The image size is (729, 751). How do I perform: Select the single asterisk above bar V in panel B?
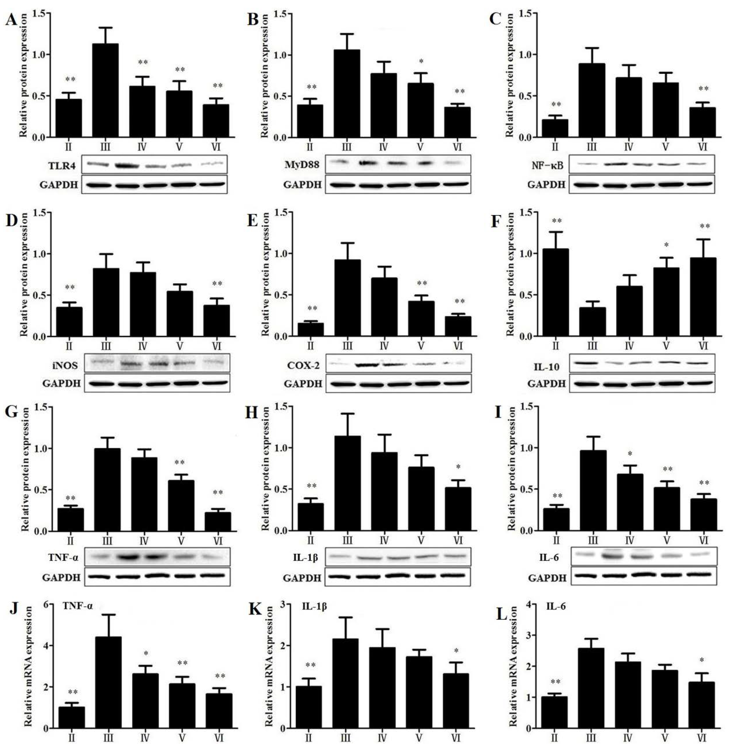421,62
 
